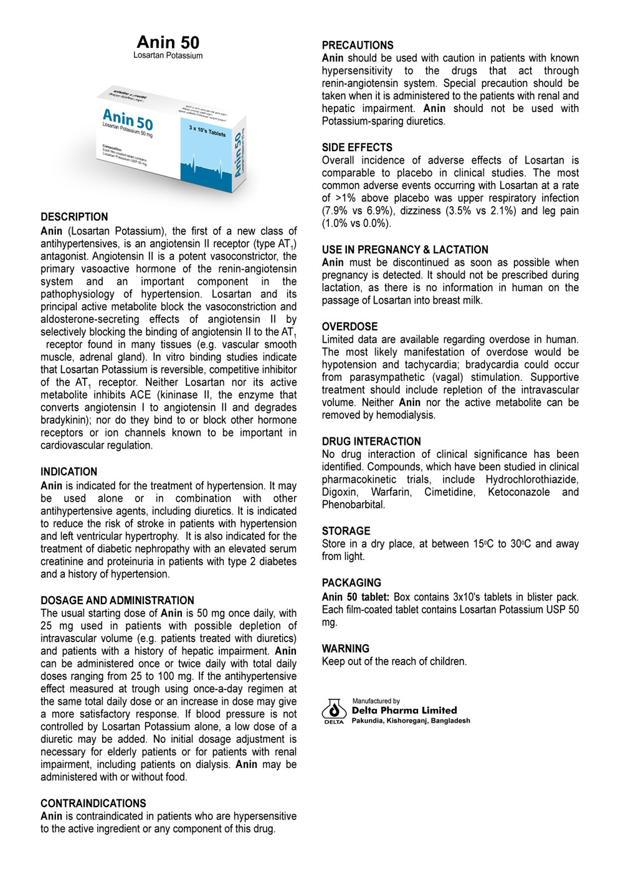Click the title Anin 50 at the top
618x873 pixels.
point(168,42)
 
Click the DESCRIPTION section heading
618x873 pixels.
point(74,217)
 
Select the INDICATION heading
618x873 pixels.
point(69,472)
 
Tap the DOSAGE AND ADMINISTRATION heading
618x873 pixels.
point(117,600)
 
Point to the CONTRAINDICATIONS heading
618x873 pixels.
point(93,803)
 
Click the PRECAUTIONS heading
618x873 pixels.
point(358,45)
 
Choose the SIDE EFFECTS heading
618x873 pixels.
point(357,147)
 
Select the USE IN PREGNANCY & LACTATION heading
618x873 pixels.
point(405,250)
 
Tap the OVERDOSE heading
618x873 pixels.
point(349,327)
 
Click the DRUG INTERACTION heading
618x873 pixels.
point(371,441)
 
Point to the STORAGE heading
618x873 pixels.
point(346,531)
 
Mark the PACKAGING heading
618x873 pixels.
point(351,583)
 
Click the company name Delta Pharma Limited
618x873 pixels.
point(404,711)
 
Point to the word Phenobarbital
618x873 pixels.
point(353,505)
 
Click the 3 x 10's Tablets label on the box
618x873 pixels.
point(207,132)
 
